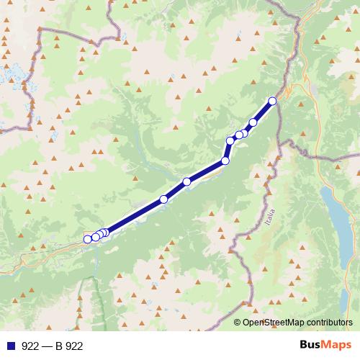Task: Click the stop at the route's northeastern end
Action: [x=272, y=101]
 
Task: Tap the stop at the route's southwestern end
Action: [x=88, y=239]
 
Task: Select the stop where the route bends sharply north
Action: [x=225, y=161]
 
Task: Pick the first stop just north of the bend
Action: [x=230, y=140]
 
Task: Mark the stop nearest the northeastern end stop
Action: [x=253, y=122]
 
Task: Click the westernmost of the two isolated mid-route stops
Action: [x=163, y=199]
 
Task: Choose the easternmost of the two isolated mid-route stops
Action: [x=186, y=181]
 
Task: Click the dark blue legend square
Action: [x=11, y=346]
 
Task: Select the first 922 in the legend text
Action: [x=31, y=346]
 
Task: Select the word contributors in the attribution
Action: [x=332, y=323]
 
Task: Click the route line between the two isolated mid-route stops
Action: [x=175, y=191]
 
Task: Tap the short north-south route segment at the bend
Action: [x=228, y=150]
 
